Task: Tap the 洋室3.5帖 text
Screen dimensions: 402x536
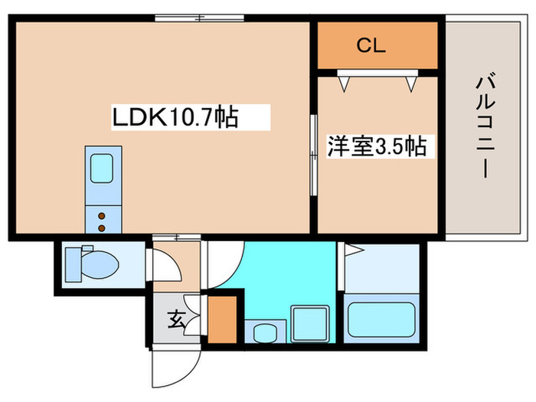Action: coord(377,145)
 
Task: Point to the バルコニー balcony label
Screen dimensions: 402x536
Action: coord(483,126)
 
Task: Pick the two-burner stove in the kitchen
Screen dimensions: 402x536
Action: coord(100,219)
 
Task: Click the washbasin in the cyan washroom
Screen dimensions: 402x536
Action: coord(264,333)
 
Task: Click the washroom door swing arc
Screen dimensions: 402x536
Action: coord(227,265)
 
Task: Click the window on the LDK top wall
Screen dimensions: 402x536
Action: coord(198,17)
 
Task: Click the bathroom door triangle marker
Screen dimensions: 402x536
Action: coord(351,250)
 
